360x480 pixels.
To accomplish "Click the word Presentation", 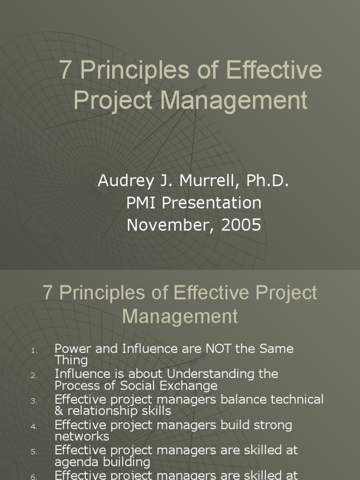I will tap(214, 203).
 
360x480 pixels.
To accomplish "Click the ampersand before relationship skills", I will tap(59, 411).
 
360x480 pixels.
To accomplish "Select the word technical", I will tap(297, 400).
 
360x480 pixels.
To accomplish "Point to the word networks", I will tap(82, 436).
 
